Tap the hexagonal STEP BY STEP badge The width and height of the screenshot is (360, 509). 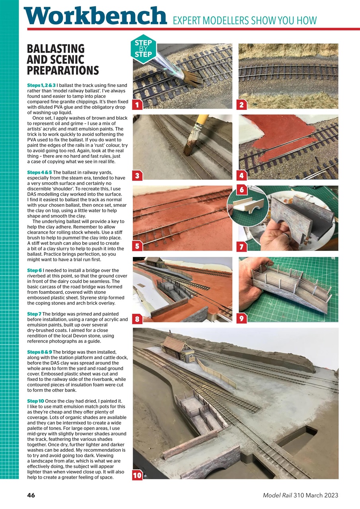click(x=143, y=49)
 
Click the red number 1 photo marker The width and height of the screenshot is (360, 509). click(x=137, y=105)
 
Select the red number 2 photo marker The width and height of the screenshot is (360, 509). click(x=241, y=105)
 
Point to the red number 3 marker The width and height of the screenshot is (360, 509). click(x=137, y=175)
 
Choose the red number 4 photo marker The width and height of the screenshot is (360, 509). click(x=241, y=175)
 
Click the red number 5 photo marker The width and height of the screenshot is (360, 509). click(x=137, y=246)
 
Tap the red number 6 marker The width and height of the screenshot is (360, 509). click(x=241, y=190)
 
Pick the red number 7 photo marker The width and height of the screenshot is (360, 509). click(x=241, y=247)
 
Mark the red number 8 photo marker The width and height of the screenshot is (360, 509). click(x=137, y=319)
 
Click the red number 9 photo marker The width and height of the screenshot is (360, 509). click(x=241, y=318)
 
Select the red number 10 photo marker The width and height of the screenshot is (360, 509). click(x=137, y=475)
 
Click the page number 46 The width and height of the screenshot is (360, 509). click(x=31, y=495)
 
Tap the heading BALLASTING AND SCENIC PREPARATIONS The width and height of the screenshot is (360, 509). click(x=62, y=60)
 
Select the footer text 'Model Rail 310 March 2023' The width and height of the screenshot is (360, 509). click(x=300, y=495)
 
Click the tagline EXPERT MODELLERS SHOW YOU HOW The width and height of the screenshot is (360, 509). click(x=245, y=20)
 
